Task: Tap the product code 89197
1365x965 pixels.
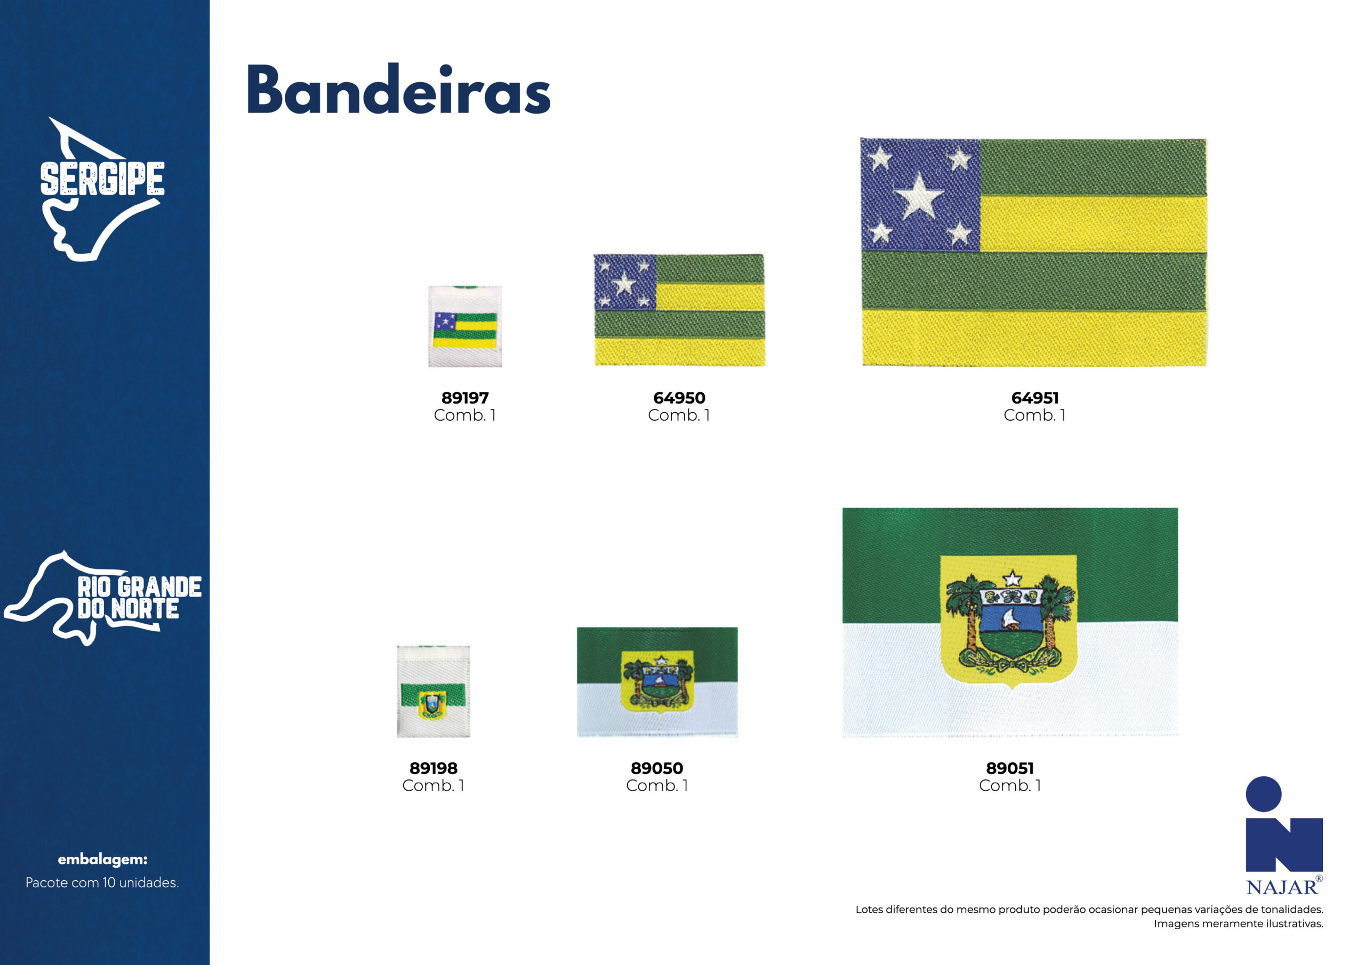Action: pos(465,398)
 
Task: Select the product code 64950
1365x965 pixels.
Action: pos(679,398)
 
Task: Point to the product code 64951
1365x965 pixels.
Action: pos(1035,398)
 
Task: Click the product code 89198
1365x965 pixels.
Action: pos(433,768)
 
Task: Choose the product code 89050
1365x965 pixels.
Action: pos(657,768)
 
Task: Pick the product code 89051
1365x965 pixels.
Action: pos(1010,768)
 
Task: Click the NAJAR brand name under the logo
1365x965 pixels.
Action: pos(1282,888)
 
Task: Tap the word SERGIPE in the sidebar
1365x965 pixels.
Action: pos(102,179)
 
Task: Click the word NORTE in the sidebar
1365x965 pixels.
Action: pos(145,609)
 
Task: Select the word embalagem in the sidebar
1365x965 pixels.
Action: pos(102,859)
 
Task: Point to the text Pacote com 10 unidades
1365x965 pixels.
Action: pos(102,882)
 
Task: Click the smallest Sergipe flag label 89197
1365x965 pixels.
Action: pos(465,326)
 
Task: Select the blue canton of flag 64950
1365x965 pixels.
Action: pos(625,282)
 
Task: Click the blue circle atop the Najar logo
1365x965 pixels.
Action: pos(1263,794)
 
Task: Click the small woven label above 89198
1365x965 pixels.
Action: pos(433,691)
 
